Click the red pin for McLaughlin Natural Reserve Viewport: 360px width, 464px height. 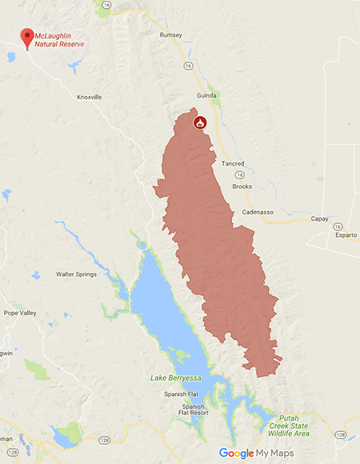(27, 37)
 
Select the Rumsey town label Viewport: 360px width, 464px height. (171, 35)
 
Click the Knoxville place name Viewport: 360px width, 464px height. (90, 97)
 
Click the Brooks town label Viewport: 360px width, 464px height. (242, 186)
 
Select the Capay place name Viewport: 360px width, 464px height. (319, 218)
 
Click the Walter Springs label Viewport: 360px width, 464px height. (76, 274)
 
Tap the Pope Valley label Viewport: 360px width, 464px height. (21, 313)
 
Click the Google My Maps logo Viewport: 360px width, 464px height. (256, 453)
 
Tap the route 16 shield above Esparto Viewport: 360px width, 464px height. (338, 226)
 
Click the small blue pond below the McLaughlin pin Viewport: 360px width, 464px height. (10, 57)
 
